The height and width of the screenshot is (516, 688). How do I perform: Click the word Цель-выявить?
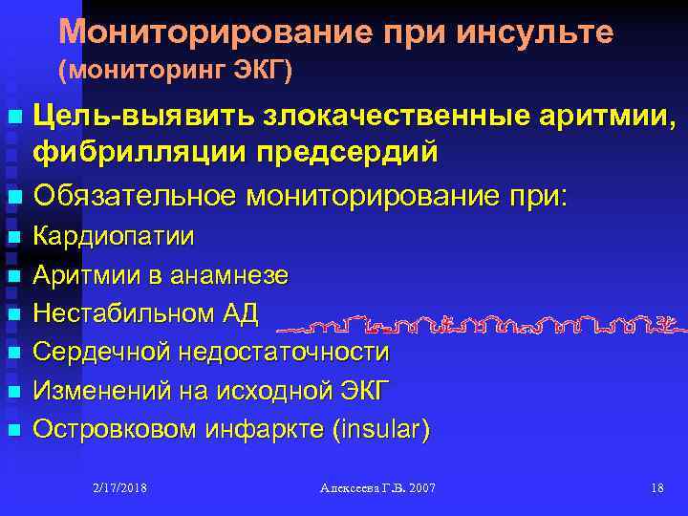point(140,116)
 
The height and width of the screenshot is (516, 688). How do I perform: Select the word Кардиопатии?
point(114,236)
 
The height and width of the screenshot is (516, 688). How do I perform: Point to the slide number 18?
point(656,488)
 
